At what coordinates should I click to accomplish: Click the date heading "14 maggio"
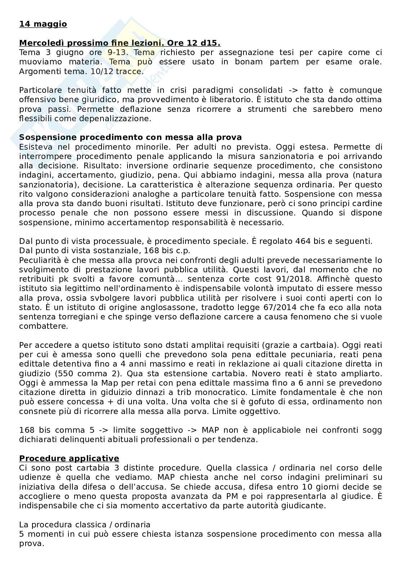pos(43,24)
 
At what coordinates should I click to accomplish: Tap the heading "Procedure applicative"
pos(69,458)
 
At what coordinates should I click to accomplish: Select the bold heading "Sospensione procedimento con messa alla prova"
pos(130,137)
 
